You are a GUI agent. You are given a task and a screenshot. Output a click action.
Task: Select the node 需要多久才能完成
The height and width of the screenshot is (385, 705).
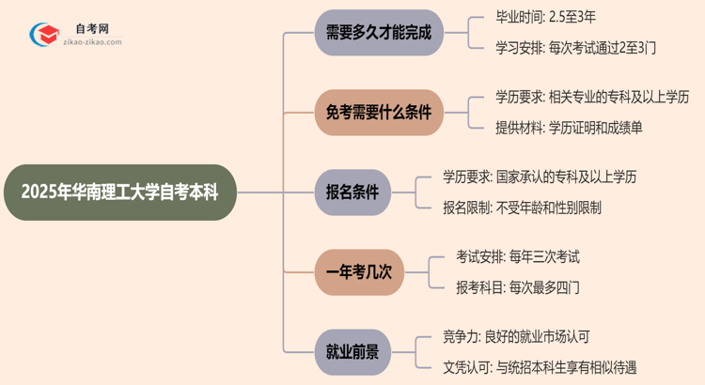point(378,33)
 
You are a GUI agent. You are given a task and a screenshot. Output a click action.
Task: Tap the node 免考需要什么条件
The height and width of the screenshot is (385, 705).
point(378,113)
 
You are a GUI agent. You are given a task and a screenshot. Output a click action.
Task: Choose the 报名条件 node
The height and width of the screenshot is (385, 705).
point(352,192)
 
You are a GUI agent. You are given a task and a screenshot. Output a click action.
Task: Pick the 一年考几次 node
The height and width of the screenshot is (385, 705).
point(359,271)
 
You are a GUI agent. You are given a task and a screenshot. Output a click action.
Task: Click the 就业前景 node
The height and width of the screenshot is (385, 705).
point(352,350)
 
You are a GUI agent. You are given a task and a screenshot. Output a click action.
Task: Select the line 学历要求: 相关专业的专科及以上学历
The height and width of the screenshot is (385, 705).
point(592,98)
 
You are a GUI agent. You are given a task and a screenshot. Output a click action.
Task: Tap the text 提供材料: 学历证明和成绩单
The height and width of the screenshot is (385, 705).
point(570,127)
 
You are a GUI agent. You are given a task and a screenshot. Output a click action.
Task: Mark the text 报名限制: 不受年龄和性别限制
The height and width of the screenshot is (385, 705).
point(523,206)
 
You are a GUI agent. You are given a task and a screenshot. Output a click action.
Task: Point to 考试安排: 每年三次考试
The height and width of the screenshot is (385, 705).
point(510,256)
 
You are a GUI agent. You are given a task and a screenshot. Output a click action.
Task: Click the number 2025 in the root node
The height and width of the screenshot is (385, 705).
point(40,192)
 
